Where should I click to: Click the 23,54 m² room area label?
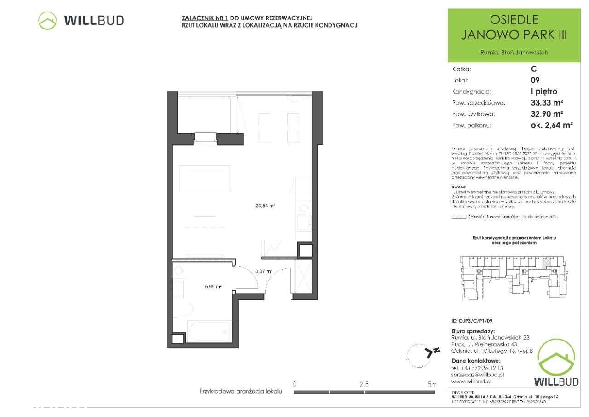[x=265, y=206]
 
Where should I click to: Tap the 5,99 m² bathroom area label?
[x=213, y=287]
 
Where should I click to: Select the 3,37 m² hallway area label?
[x=264, y=271]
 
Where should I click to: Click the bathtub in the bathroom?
[x=208, y=331]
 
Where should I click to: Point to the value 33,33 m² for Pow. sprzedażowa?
[x=548, y=103]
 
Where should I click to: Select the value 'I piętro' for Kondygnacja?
[x=543, y=92]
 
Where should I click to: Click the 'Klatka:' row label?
[x=462, y=70]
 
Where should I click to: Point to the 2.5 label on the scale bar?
[x=364, y=383]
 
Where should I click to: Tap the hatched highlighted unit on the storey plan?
[x=546, y=263]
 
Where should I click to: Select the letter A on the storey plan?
[x=491, y=281]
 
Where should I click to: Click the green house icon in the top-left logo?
[x=47, y=21]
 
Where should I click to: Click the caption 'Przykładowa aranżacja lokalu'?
[x=240, y=391]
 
